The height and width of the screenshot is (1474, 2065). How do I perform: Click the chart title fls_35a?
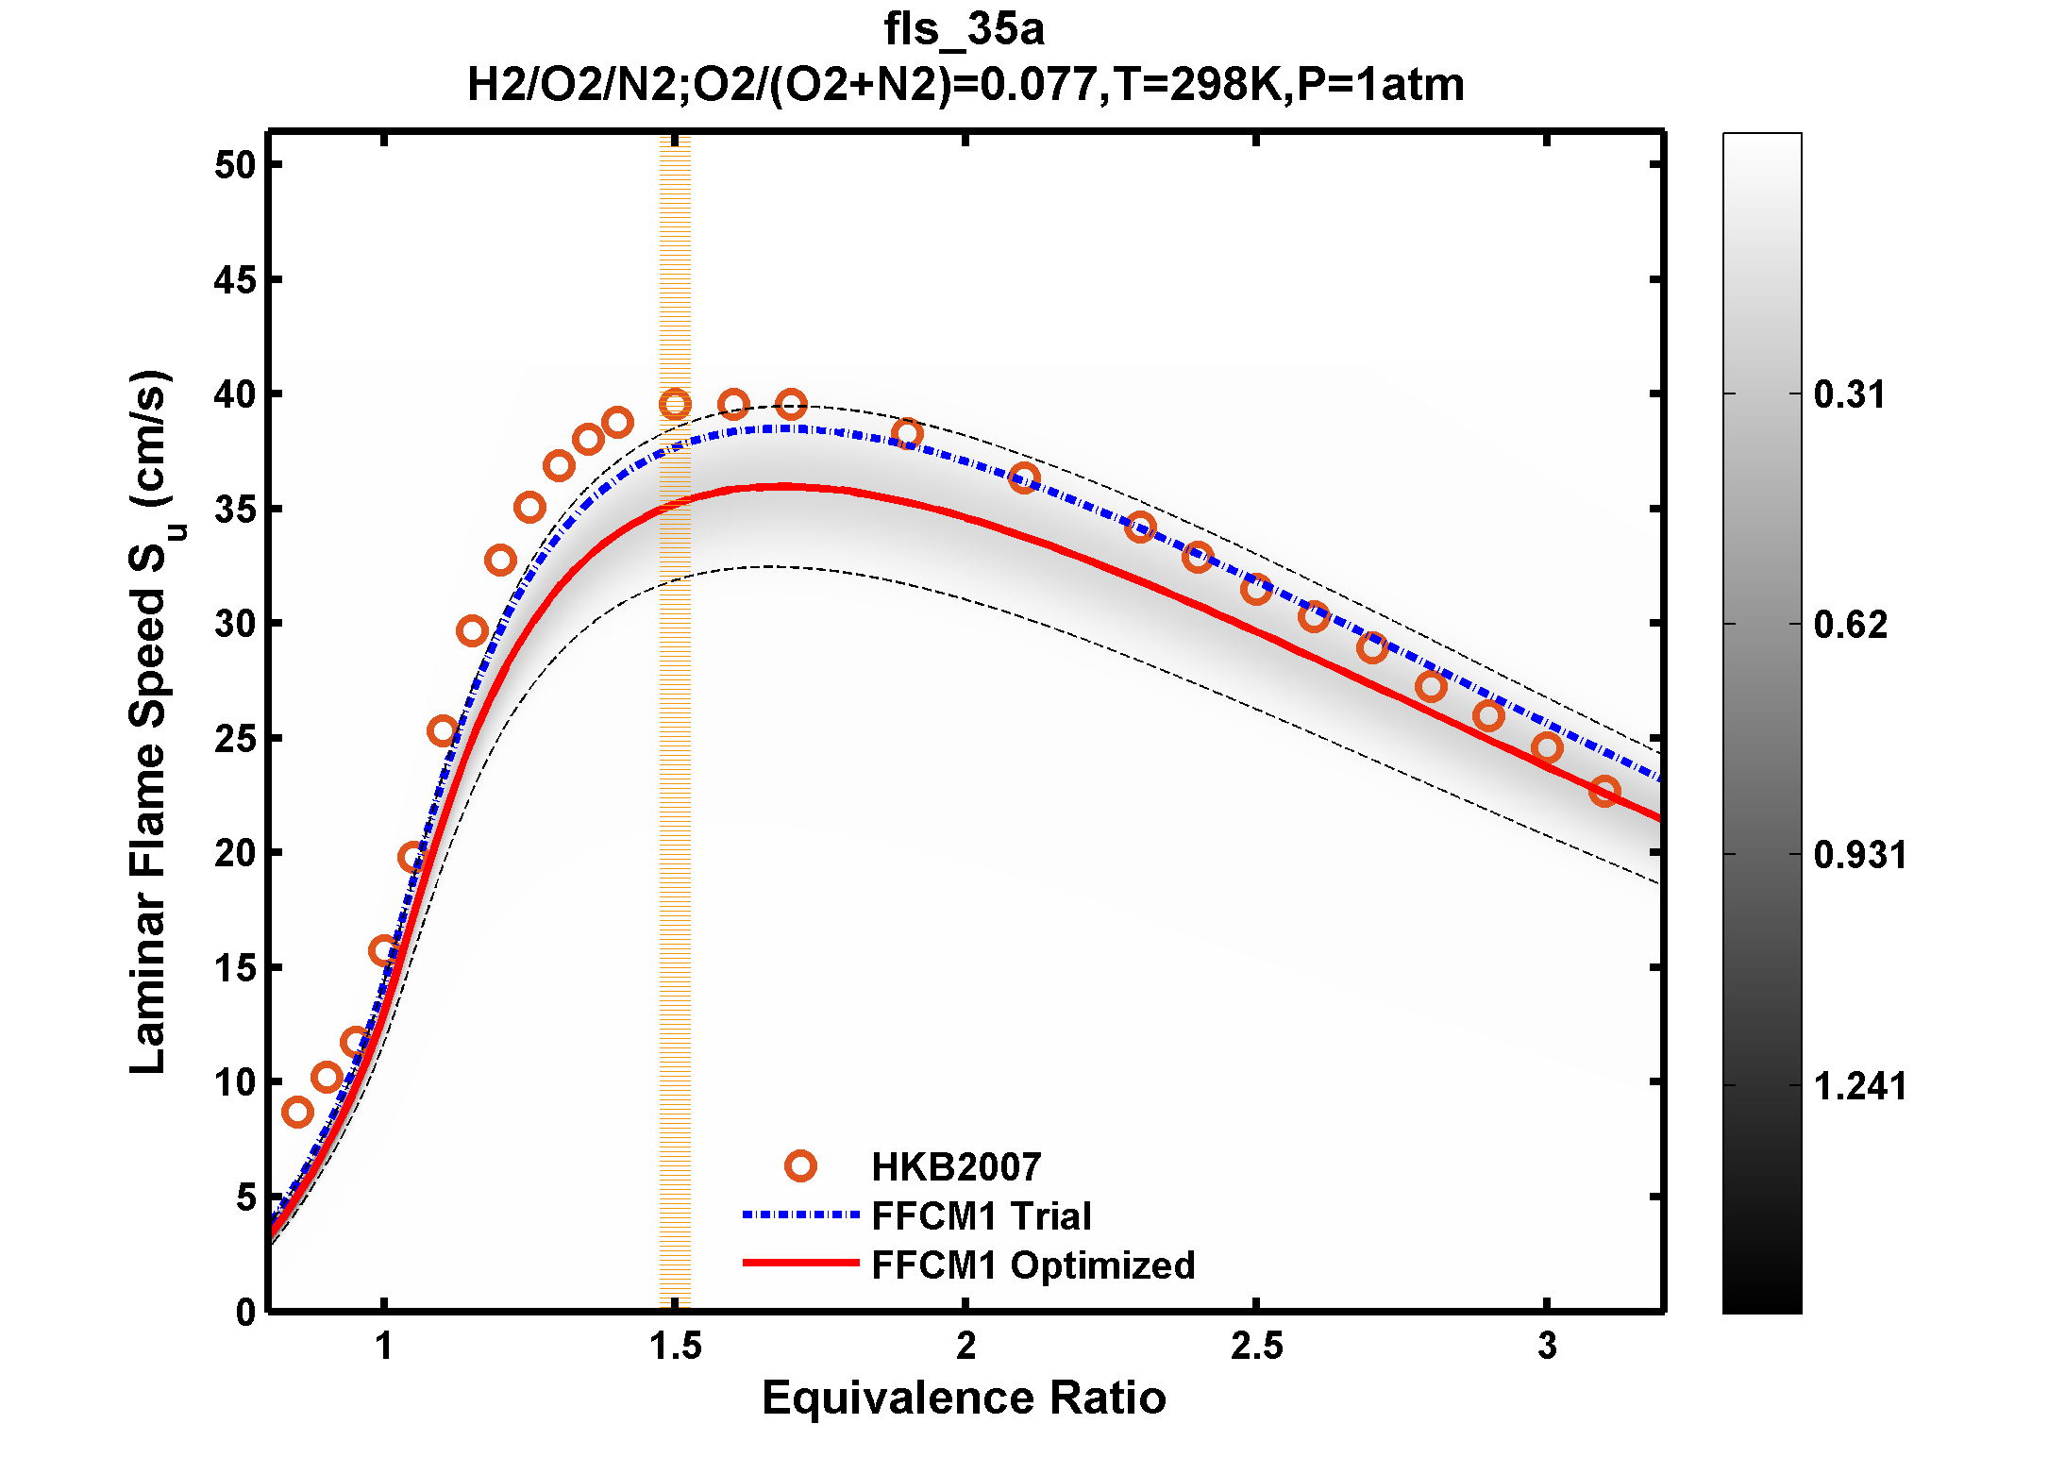pyautogui.click(x=964, y=29)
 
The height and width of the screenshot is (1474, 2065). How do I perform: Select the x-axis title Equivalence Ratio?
pyautogui.click(x=964, y=1398)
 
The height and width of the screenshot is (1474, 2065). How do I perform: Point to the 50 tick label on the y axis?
pyautogui.click(x=235, y=165)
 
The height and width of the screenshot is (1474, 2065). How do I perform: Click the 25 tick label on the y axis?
pyautogui.click(x=235, y=739)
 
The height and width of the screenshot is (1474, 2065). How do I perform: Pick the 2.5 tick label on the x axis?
pyautogui.click(x=1256, y=1347)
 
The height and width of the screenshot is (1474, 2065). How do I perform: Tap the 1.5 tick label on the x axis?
pyautogui.click(x=675, y=1347)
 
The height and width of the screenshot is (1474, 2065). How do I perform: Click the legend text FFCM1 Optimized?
pyautogui.click(x=1032, y=1265)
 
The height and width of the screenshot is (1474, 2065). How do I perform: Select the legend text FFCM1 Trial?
pyautogui.click(x=981, y=1216)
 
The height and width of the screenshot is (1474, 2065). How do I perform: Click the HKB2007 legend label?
pyautogui.click(x=955, y=1167)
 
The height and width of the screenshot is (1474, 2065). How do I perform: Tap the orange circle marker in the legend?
pyautogui.click(x=800, y=1166)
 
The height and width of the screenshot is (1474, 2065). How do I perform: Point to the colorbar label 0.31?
pyautogui.click(x=1849, y=394)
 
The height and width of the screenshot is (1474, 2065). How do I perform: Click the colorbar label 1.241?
pyautogui.click(x=1859, y=1086)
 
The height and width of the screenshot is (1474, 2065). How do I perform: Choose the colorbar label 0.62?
pyautogui.click(x=1850, y=625)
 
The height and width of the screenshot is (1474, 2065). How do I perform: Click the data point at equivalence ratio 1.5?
pyautogui.click(x=675, y=405)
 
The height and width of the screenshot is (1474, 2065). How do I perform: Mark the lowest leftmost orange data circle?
pyautogui.click(x=297, y=1113)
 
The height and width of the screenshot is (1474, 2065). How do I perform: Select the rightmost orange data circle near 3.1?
pyautogui.click(x=1604, y=791)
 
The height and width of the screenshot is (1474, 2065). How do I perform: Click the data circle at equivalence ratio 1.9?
pyautogui.click(x=907, y=434)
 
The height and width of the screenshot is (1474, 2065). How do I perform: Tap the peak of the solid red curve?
pyautogui.click(x=783, y=487)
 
